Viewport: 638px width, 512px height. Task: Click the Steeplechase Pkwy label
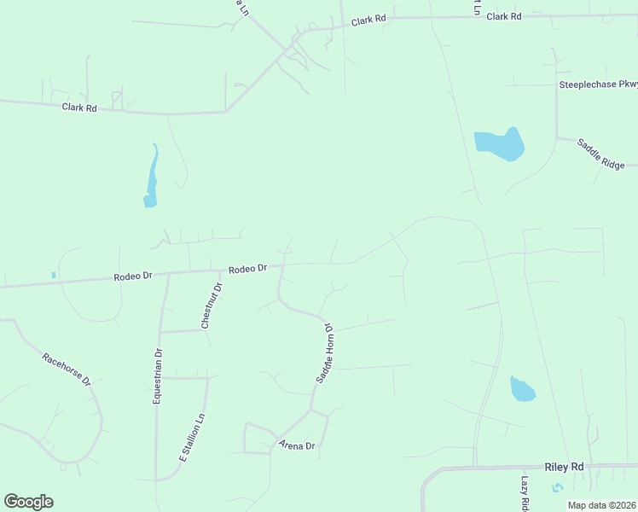pos(598,84)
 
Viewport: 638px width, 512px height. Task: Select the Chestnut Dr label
pos(212,305)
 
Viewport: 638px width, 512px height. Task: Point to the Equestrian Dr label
pos(158,376)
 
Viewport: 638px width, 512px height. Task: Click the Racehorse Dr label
pos(67,367)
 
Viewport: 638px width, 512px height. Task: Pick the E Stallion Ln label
pos(193,438)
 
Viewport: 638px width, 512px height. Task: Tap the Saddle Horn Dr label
pos(324,352)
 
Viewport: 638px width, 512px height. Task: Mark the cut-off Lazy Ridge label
pos(526,493)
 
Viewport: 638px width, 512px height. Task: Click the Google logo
pos(28,502)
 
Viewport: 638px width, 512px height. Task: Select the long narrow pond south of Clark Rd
pos(152,178)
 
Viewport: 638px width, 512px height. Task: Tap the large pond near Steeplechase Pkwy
pos(498,144)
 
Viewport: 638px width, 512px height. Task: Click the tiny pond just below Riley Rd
pos(557,487)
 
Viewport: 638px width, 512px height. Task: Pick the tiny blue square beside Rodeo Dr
pos(53,275)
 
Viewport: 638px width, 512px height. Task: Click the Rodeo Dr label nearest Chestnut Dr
pos(247,269)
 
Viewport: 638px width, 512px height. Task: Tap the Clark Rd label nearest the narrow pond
pos(79,108)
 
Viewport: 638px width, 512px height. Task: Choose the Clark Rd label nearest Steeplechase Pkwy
pos(503,16)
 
